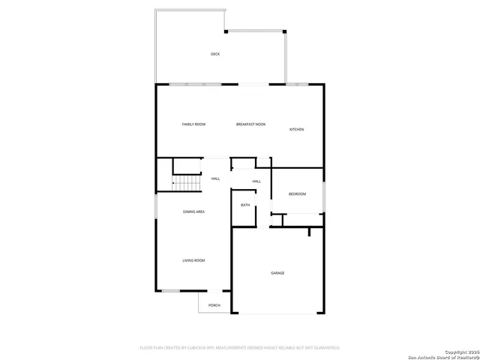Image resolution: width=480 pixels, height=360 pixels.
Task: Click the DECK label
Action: pyautogui.click(x=215, y=54)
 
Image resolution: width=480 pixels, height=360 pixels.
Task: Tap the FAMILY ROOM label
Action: pyautogui.click(x=193, y=124)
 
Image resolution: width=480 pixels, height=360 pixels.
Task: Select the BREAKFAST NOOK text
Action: pyautogui.click(x=250, y=124)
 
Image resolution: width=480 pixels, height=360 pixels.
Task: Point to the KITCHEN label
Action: pyautogui.click(x=297, y=130)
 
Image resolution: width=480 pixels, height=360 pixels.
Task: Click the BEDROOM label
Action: pyautogui.click(x=298, y=194)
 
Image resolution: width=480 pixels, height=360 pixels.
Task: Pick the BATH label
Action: pyautogui.click(x=245, y=205)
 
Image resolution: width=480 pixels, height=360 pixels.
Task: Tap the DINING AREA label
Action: pyautogui.click(x=193, y=211)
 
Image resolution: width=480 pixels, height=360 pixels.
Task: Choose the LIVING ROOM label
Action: pyautogui.click(x=193, y=260)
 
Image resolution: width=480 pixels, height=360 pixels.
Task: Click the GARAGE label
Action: pyautogui.click(x=277, y=273)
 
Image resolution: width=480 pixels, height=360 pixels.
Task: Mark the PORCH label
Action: pyautogui.click(x=214, y=305)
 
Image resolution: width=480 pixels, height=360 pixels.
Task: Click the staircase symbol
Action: pyautogui.click(x=187, y=183)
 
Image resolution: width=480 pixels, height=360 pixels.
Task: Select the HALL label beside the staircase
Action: pyautogui.click(x=215, y=178)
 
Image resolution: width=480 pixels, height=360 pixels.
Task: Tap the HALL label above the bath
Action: pyautogui.click(x=256, y=181)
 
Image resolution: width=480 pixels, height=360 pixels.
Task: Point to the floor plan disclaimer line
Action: pyautogui.click(x=240, y=347)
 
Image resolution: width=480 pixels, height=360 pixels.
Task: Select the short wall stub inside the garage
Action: pyautogui.click(x=309, y=232)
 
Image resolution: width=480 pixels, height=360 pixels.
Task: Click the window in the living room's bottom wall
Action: pyautogui.click(x=171, y=290)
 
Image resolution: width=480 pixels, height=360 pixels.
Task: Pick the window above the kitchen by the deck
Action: pyautogui.click(x=296, y=84)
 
